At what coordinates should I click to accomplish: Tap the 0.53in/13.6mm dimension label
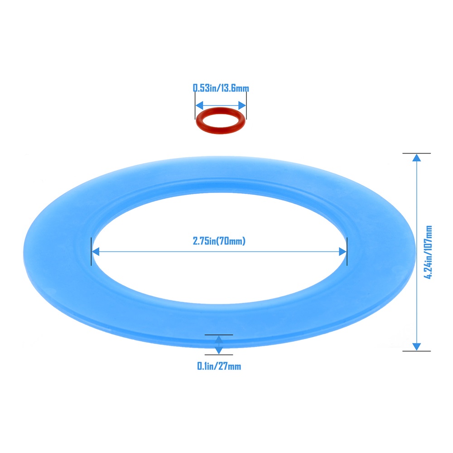[221, 88]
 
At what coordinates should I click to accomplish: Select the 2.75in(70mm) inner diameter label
[219, 241]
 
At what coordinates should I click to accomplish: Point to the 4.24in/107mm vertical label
[428, 252]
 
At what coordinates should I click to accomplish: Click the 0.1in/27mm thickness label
[219, 366]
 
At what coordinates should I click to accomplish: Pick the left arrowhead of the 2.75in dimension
[96, 251]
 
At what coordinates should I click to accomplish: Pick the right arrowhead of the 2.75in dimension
[342, 251]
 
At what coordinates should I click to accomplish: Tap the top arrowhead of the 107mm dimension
[416, 158]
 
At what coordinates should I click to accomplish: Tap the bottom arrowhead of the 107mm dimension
[416, 347]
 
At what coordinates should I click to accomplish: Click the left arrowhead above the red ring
[200, 106]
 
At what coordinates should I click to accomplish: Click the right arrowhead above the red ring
[242, 106]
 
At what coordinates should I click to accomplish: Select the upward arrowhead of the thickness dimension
[219, 339]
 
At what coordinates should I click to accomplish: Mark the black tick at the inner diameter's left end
[92, 251]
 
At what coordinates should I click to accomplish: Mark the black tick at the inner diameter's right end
[347, 251]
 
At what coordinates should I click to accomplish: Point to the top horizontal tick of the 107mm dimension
[416, 153]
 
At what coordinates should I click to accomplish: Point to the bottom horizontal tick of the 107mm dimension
[416, 351]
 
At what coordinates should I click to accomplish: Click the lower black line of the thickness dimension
[219, 355]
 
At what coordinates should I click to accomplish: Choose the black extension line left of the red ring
[195, 106]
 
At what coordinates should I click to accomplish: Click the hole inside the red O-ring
[221, 120]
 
